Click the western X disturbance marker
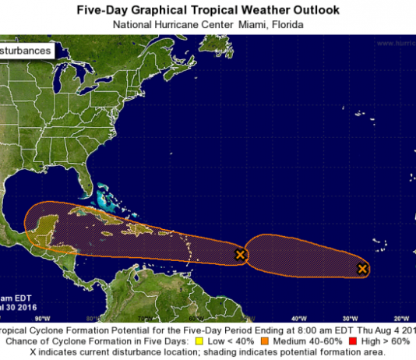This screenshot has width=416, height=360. point(241,254)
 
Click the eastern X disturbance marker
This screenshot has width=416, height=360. point(362,269)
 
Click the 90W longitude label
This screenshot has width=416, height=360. point(42,318)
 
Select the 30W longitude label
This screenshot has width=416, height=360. point(350,318)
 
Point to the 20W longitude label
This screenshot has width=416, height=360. point(401,318)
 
